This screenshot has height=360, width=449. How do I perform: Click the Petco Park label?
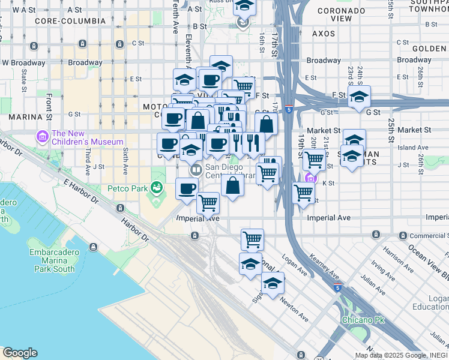(x=127, y=188)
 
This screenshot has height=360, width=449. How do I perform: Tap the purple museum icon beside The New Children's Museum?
(x=42, y=137)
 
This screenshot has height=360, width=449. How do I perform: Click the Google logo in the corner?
(x=19, y=353)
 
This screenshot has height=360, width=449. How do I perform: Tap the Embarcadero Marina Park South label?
(x=54, y=261)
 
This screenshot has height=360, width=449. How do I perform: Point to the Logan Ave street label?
(x=294, y=268)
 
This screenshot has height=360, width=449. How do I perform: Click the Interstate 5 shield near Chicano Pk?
(x=338, y=287)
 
